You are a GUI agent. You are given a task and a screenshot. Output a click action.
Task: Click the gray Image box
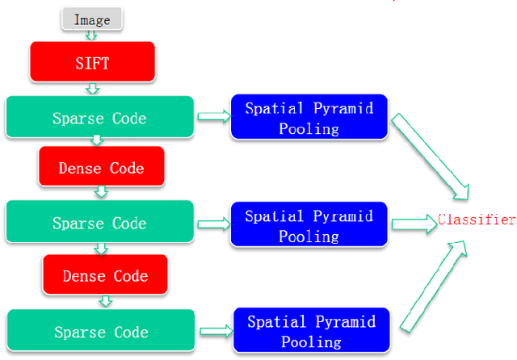(x=91, y=19)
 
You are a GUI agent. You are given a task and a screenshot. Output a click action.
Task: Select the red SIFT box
(x=91, y=62)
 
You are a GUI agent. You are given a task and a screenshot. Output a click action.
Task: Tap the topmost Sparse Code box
(x=99, y=117)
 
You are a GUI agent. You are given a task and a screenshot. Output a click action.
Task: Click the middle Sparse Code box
(x=99, y=222)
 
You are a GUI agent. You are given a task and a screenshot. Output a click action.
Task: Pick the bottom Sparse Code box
(x=101, y=331)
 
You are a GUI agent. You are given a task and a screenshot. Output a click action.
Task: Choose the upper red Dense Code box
(x=101, y=168)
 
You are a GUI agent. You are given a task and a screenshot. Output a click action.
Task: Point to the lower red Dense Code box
(x=106, y=275)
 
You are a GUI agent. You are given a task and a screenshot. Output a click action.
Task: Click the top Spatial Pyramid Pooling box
(x=309, y=117)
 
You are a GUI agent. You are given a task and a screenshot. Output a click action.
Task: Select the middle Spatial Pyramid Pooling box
(x=309, y=225)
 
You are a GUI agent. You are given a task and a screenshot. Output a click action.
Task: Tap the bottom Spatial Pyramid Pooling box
(x=310, y=330)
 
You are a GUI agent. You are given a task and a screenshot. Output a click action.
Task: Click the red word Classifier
(x=476, y=220)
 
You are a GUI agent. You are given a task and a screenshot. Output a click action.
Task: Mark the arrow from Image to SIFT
(x=91, y=36)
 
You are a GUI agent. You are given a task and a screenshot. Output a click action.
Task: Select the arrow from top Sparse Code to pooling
(x=212, y=117)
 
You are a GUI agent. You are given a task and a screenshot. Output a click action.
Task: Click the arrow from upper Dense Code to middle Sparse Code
(x=101, y=192)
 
